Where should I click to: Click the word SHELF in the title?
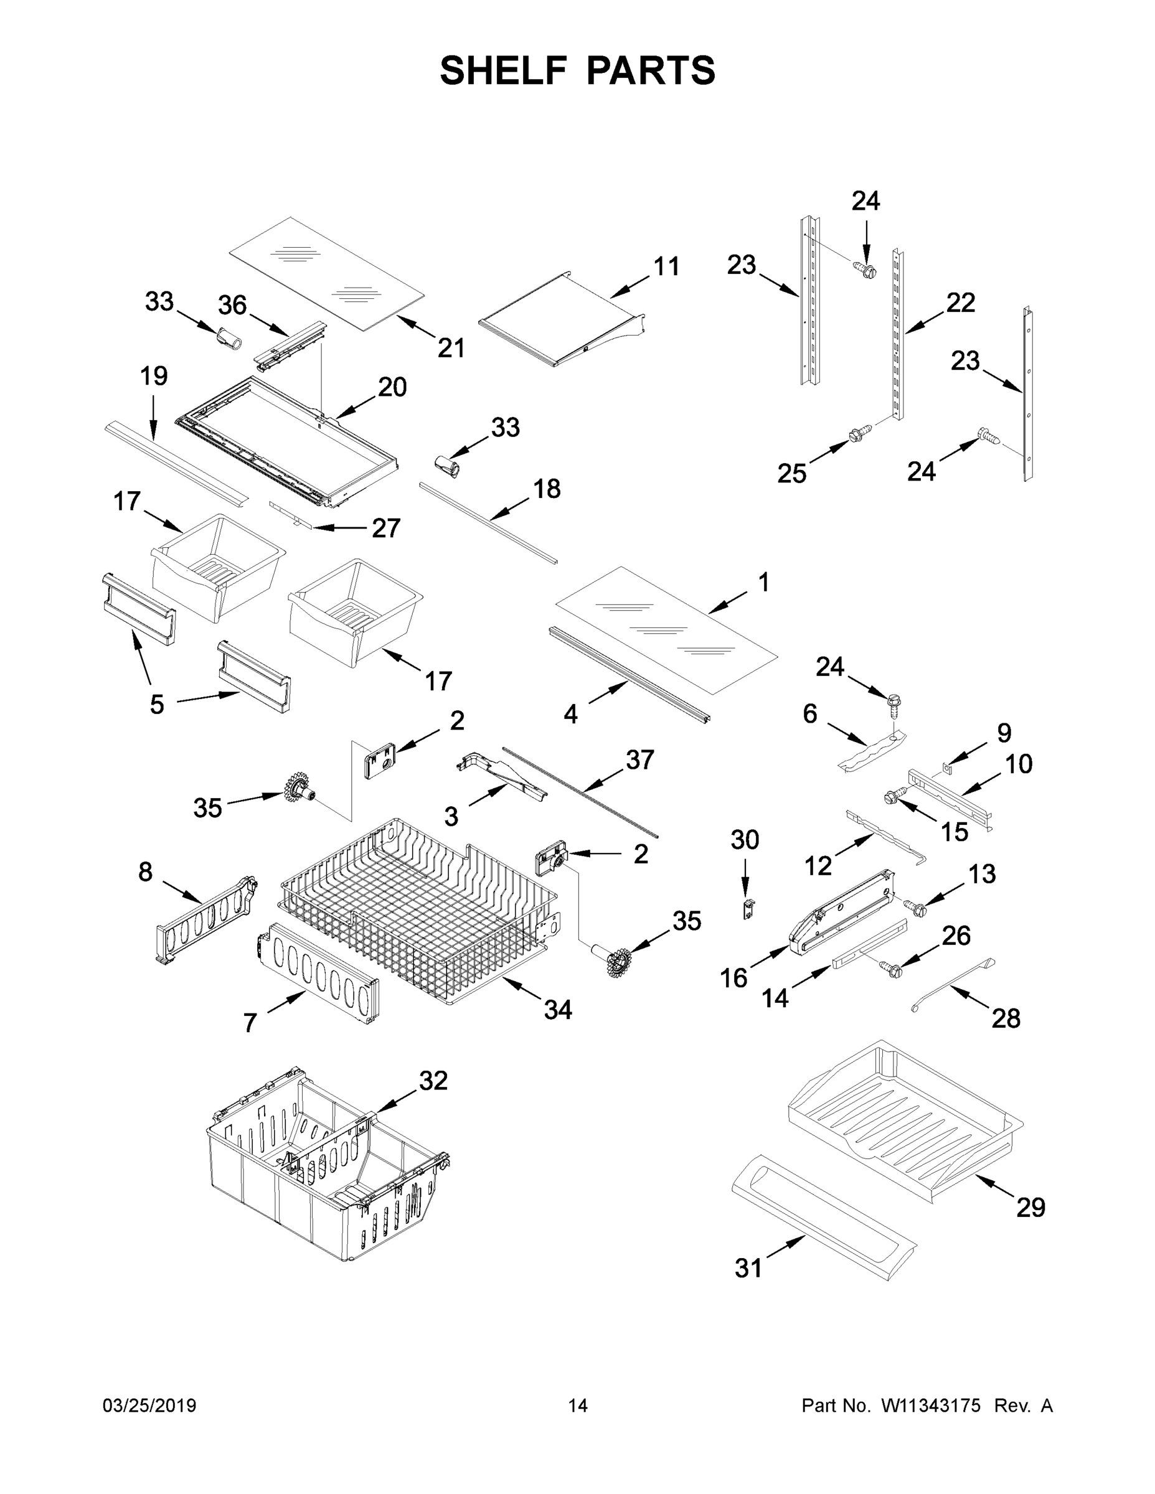(x=504, y=70)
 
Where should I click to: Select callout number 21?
(x=451, y=348)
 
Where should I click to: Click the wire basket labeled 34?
(x=417, y=910)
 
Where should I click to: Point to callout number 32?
(x=433, y=1081)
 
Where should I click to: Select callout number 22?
(x=960, y=303)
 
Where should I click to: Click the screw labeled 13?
(x=915, y=906)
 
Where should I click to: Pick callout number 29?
(x=1030, y=1208)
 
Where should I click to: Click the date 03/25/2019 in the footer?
(x=149, y=1406)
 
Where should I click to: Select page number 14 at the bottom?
(x=578, y=1406)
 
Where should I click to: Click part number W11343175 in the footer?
(x=931, y=1406)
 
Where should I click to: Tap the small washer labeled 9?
(x=947, y=768)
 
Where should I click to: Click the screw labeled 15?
(x=893, y=795)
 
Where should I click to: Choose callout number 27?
(x=386, y=527)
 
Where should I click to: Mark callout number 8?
(x=145, y=872)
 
